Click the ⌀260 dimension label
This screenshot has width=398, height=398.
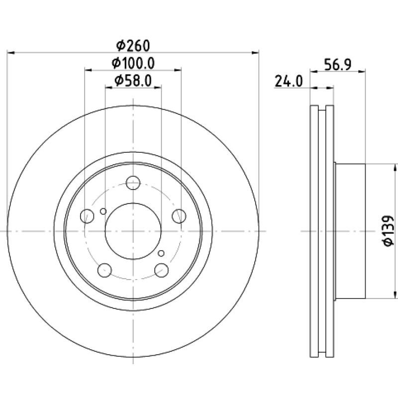click(x=133, y=46)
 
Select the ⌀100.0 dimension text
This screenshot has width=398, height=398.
click(x=133, y=63)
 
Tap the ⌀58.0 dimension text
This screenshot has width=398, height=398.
click(x=133, y=81)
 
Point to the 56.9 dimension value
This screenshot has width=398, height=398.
click(x=338, y=65)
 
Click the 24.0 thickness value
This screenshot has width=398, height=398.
click(x=289, y=82)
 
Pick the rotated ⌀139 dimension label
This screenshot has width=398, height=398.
click(x=388, y=231)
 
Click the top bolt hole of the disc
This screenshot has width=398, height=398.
click(x=133, y=183)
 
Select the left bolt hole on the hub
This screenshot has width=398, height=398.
click(x=87, y=216)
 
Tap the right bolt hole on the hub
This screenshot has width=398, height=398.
click(x=179, y=216)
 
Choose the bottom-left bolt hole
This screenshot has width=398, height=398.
click(x=104, y=270)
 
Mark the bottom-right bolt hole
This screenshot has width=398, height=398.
click(x=161, y=270)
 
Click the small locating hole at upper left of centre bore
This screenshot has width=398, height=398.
click(x=103, y=211)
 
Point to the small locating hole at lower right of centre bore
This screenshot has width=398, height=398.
click(x=161, y=253)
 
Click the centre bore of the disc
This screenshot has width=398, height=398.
click(x=133, y=231)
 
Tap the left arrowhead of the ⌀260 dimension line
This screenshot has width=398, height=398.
click(x=10, y=53)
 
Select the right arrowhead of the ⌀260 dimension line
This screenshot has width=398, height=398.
click(x=255, y=53)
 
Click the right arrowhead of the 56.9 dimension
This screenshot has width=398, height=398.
click(x=362, y=72)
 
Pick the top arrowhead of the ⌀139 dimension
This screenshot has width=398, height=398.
click(x=395, y=168)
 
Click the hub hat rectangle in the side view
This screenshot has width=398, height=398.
click(x=350, y=231)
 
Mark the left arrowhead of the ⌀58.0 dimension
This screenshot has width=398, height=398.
click(x=109, y=88)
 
